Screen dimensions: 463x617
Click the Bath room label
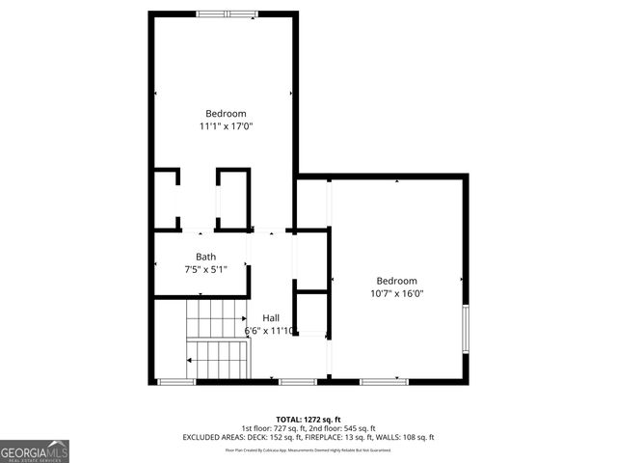(x=205, y=257)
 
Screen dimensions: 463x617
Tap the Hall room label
(x=271, y=317)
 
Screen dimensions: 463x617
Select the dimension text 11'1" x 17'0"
(x=226, y=125)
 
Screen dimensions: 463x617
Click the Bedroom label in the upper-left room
(x=226, y=113)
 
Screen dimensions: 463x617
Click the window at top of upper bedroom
(x=228, y=14)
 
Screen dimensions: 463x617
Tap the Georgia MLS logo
(x=35, y=450)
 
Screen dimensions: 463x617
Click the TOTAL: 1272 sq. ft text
(x=308, y=419)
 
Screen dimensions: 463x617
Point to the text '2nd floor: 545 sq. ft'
(x=341, y=428)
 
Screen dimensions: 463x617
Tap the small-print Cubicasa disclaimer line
(x=308, y=449)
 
